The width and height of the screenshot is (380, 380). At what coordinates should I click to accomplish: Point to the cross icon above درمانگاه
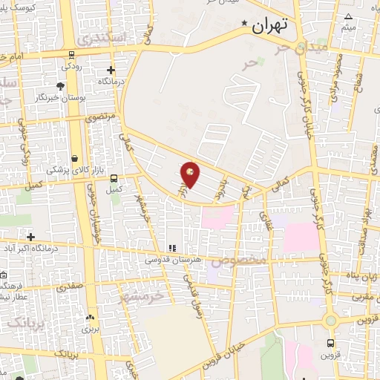coord(110,70)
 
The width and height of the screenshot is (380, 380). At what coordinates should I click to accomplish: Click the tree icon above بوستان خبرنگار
coord(60,87)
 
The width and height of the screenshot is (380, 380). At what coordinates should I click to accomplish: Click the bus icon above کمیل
coord(114,178)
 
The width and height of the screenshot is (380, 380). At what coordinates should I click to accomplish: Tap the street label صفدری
coord(81,284)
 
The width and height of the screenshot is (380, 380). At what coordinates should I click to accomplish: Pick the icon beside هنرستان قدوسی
coord(171,249)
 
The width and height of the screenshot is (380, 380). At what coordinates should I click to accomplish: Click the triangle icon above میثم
coord(349,16)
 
